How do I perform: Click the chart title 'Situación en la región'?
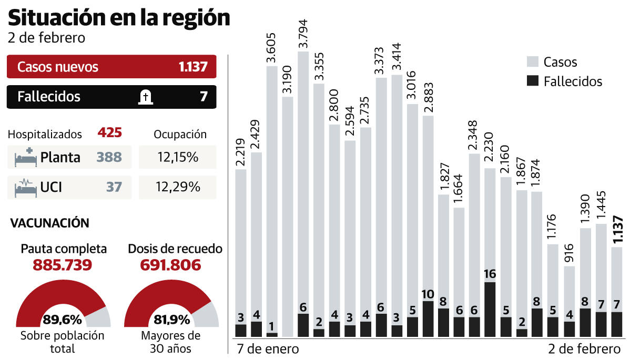tap(119, 18)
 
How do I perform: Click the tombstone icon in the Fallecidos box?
tap(145, 97)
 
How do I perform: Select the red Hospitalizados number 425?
tap(110, 133)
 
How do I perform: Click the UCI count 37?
tap(113, 187)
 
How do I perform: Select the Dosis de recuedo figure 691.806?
tap(170, 264)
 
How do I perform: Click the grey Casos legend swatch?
tap(533, 62)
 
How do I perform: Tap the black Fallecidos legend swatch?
tap(533, 81)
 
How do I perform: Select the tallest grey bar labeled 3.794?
tap(303, 184)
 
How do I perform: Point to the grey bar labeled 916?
tap(568, 294)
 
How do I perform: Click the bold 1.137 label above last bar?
tap(618, 228)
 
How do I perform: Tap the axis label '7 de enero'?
tap(268, 349)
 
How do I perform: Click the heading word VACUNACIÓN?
tap(50, 223)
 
